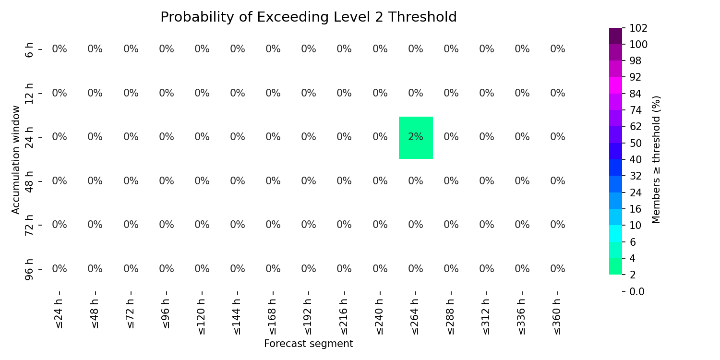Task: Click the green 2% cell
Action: (x=416, y=138)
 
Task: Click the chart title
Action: (x=309, y=17)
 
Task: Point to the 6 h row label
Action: (x=29, y=49)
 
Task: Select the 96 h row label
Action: (x=29, y=269)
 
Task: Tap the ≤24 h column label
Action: (x=59, y=314)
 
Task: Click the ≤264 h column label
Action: (x=415, y=317)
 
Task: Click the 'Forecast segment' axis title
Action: (x=309, y=344)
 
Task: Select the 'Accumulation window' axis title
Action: (x=15, y=160)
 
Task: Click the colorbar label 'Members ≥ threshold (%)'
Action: (x=656, y=160)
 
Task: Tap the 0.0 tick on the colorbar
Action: (x=637, y=291)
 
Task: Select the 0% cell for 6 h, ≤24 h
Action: (x=60, y=49)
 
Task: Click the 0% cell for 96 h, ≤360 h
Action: (x=558, y=268)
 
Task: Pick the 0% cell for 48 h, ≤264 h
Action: (x=416, y=181)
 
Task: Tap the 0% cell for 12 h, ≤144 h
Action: (x=238, y=93)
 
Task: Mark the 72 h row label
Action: (x=29, y=225)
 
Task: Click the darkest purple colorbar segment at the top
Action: (x=615, y=36)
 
